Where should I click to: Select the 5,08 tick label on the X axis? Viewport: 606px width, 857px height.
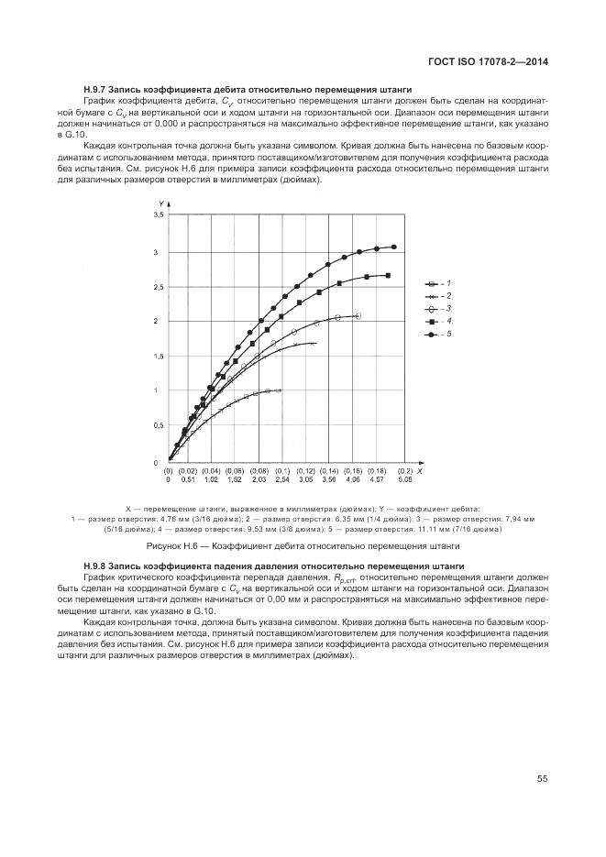coord(404,479)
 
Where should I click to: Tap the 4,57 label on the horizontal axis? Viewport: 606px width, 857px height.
coord(376,479)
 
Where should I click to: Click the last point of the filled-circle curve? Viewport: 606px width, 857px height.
coord(394,247)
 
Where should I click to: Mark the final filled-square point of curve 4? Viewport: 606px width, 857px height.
coord(388,275)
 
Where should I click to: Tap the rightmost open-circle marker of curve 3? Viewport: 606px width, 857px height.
coord(358,316)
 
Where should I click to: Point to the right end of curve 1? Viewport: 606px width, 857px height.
coord(279,390)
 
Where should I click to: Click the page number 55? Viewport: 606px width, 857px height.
coord(542,779)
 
